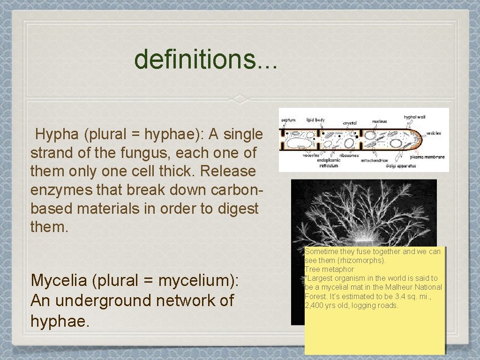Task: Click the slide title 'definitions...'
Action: coord(206,60)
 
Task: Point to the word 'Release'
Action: coord(228,172)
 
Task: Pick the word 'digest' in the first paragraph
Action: coord(238,209)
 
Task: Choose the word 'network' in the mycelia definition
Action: coord(182,300)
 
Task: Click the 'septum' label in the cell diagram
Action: coord(288,120)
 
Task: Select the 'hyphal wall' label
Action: coord(414,117)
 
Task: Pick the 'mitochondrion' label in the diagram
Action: coord(374,160)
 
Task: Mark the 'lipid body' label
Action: coord(315,120)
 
